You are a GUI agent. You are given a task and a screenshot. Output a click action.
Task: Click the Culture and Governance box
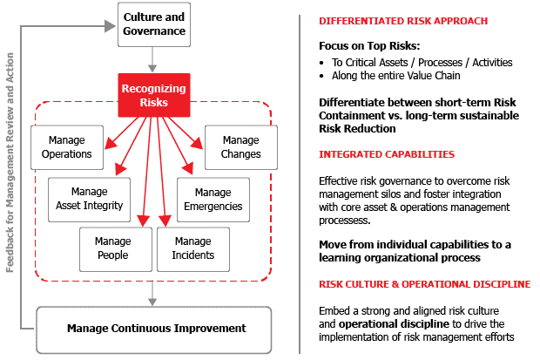coord(154,24)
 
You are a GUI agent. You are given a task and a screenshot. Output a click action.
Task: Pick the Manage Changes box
coord(241,147)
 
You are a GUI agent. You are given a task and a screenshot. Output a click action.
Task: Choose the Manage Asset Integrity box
coord(88,199)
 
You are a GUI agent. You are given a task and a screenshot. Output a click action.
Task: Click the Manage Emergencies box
coord(213,199)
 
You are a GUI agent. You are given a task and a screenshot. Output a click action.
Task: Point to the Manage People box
coord(114,248)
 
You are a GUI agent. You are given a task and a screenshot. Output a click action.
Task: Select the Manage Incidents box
coord(192,248)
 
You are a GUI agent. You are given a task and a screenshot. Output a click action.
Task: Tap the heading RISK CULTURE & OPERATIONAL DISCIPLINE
coord(424,284)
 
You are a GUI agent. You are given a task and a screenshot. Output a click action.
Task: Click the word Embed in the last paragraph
coord(336,310)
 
